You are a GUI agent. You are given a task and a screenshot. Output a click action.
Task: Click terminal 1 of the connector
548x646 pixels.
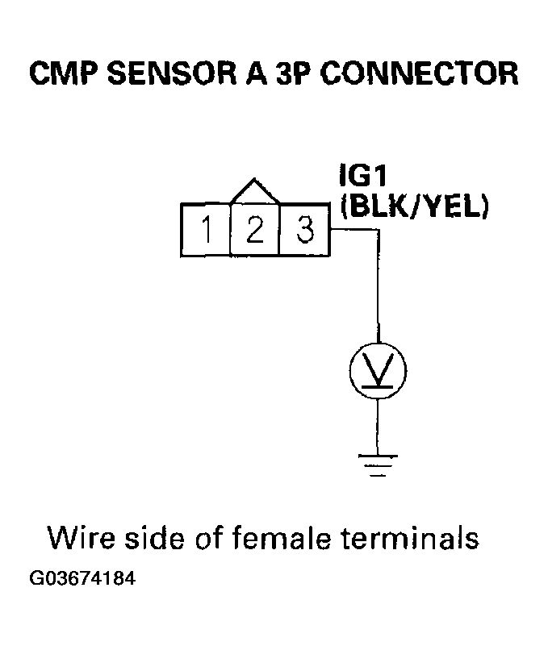[207, 231]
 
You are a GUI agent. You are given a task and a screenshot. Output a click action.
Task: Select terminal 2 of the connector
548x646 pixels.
[255, 231]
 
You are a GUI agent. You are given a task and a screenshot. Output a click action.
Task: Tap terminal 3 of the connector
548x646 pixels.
[304, 231]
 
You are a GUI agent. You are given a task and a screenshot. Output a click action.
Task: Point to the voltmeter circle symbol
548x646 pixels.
[378, 371]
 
